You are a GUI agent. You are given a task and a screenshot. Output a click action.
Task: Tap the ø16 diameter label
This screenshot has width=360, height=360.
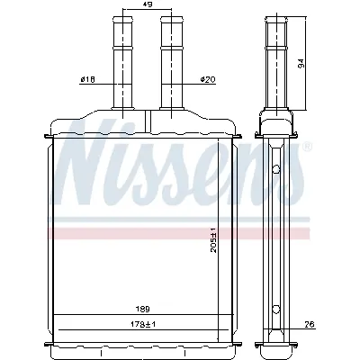(88, 80)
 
